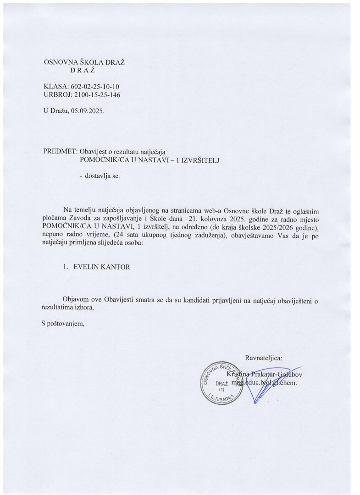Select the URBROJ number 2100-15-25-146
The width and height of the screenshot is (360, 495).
(x=97, y=94)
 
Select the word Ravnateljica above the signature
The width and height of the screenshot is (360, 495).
(x=265, y=357)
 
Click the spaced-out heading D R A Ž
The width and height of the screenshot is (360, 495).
(x=83, y=70)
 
